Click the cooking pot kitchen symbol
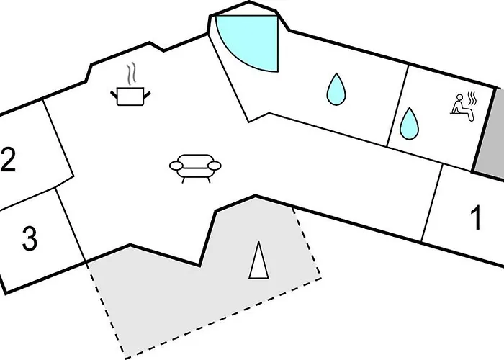[x=130, y=96]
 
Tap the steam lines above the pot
[x=131, y=74]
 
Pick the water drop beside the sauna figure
[x=409, y=124]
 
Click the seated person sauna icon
[x=462, y=108]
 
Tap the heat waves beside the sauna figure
[x=472, y=99]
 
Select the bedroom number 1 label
[x=476, y=217]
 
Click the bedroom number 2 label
[x=7, y=160]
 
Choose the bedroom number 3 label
[x=30, y=238]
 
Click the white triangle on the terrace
[x=258, y=261]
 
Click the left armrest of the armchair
[x=176, y=166]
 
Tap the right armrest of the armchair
[x=215, y=166]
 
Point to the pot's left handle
[x=114, y=95]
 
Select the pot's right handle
[x=147, y=95]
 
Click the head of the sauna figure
[x=460, y=97]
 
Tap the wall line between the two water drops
[x=398, y=106]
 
